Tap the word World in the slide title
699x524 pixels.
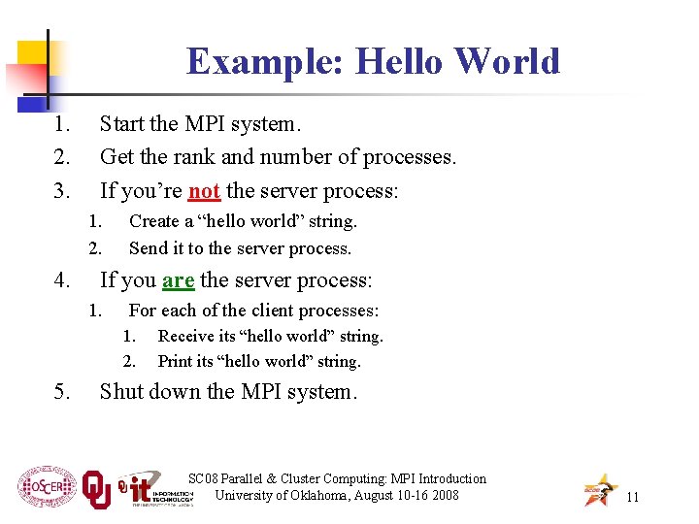point(507,61)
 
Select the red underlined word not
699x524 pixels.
point(204,190)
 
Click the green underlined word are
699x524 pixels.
point(178,280)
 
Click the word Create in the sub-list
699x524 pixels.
point(155,221)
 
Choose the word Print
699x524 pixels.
point(176,361)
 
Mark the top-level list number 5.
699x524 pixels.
point(61,392)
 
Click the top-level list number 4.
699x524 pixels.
point(61,280)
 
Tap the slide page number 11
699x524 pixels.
point(632,497)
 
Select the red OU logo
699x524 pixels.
point(96,490)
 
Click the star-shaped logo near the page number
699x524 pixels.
point(599,491)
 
